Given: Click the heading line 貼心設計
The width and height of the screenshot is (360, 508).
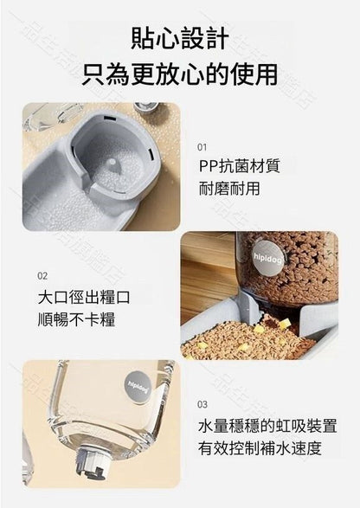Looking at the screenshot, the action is pyautogui.click(x=180, y=39).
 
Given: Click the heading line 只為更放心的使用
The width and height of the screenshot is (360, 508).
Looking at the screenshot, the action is pyautogui.click(x=180, y=74).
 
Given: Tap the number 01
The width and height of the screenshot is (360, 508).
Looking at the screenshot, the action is pyautogui.click(x=202, y=147).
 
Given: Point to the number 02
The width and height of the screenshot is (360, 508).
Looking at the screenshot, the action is pyautogui.click(x=42, y=276).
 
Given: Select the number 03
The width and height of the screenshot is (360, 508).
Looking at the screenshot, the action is pyautogui.click(x=202, y=404).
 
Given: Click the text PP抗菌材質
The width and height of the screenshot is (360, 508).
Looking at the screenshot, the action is pyautogui.click(x=239, y=166).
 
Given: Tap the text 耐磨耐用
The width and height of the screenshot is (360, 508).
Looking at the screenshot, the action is pyautogui.click(x=229, y=189).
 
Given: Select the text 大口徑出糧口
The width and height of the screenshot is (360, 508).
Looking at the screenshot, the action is pyautogui.click(x=84, y=297).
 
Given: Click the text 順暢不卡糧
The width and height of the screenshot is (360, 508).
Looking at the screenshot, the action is pyautogui.click(x=76, y=319).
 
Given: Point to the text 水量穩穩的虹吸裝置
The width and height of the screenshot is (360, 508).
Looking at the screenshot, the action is pyautogui.click(x=267, y=426).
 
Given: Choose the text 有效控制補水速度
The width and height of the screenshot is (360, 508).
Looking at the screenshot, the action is pyautogui.click(x=260, y=448).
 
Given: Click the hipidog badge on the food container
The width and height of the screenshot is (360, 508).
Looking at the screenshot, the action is pyautogui.click(x=267, y=258).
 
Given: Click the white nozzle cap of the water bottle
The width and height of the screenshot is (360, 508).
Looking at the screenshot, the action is pyautogui.click(x=93, y=466).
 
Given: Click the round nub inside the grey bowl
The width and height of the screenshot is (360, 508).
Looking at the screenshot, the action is pyautogui.click(x=111, y=162).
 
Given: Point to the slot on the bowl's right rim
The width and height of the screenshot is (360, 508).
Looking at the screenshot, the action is pyautogui.click(x=151, y=153).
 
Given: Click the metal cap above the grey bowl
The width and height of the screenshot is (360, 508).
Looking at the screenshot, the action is pyautogui.click(x=145, y=109).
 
